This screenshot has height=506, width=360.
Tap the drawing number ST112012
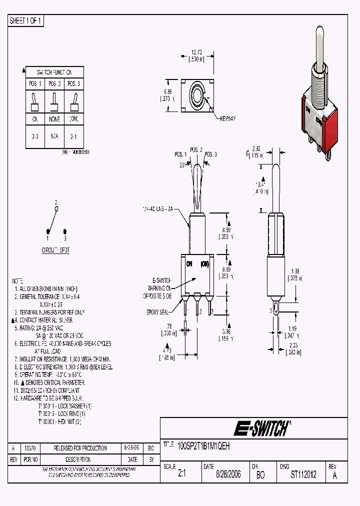(x=303, y=474)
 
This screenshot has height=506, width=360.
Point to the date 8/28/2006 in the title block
(x=228, y=474)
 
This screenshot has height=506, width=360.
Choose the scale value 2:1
(x=181, y=474)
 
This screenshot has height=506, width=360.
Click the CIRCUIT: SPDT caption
(x=55, y=249)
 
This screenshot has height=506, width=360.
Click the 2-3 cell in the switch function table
(x=35, y=136)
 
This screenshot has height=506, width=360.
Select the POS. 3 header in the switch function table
(x=73, y=83)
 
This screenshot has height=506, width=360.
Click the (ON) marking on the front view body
(x=205, y=263)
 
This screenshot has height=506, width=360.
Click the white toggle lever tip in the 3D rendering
(x=320, y=37)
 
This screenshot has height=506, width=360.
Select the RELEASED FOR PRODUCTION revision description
(x=80, y=448)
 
